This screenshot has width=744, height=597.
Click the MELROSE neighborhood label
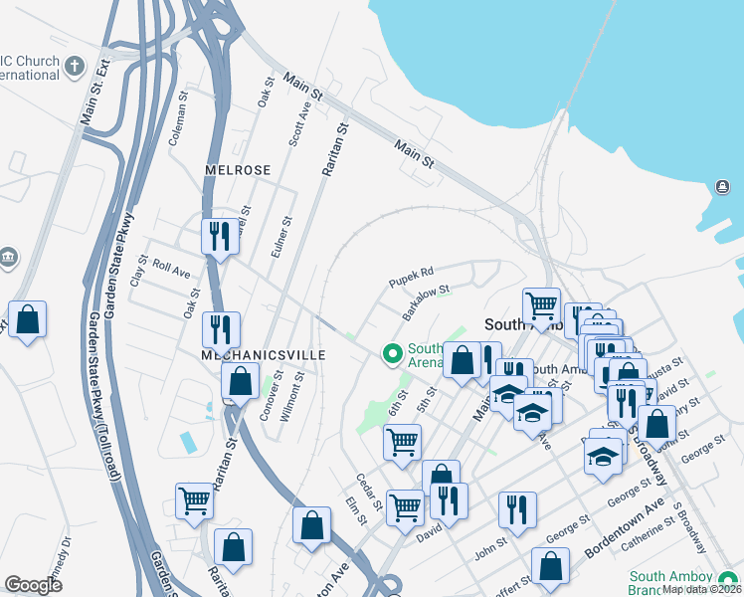238,170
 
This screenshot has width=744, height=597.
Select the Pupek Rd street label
412,272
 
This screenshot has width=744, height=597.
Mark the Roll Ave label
171,270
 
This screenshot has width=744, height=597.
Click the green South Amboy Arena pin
392,353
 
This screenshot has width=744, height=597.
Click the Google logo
33,585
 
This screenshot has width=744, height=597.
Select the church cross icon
75,68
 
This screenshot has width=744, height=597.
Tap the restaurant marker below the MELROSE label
220,237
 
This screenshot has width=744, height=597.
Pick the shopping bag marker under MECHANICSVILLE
241,380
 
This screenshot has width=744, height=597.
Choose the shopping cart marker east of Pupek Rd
541,305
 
